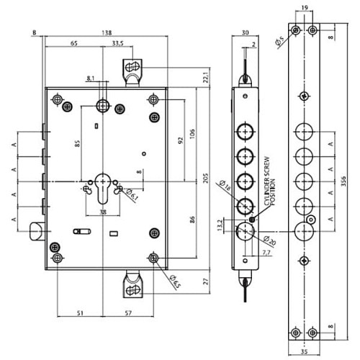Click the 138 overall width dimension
click(x=107, y=33)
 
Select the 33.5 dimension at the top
click(x=117, y=44)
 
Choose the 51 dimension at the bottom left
click(x=79, y=314)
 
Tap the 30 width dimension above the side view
click(x=245, y=33)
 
